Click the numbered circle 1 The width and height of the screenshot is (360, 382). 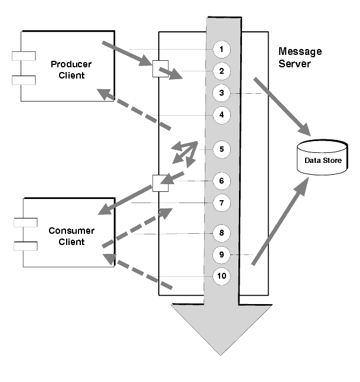(221, 50)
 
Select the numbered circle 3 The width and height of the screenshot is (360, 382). (221, 93)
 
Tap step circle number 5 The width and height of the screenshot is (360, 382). (221, 149)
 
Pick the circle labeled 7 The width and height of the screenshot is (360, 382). (221, 203)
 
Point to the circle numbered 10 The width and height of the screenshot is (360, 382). (221, 276)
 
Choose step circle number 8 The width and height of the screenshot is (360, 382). (221, 233)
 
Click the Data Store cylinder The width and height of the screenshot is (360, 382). (322, 157)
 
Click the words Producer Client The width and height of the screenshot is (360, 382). (71, 70)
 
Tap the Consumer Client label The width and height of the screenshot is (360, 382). (71, 236)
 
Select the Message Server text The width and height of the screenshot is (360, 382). (300, 57)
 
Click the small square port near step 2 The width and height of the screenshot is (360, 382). (161, 68)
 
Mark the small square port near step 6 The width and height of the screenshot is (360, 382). (161, 183)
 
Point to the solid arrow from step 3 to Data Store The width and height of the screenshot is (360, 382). (282, 107)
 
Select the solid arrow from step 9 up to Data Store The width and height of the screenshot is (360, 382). (280, 221)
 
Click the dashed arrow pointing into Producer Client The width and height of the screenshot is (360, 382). (134, 109)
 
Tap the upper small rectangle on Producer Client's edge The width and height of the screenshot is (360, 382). (24, 55)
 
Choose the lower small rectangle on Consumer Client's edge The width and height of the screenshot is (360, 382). (25, 246)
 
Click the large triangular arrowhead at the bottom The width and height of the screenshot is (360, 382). (221, 329)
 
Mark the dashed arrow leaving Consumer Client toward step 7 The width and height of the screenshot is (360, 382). (138, 228)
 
